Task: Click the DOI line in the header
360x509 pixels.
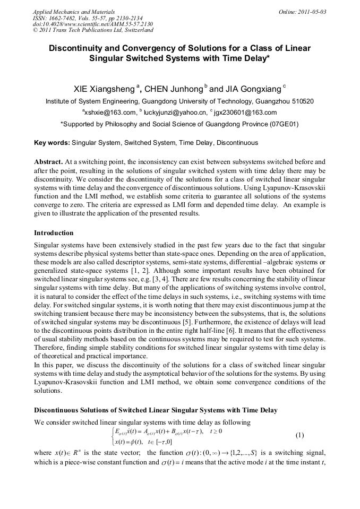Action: point(93,24)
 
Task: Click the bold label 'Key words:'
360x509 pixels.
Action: point(52,143)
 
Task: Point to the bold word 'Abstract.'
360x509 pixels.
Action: point(48,161)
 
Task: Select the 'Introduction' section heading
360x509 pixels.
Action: point(54,232)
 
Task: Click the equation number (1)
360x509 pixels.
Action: point(299,435)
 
